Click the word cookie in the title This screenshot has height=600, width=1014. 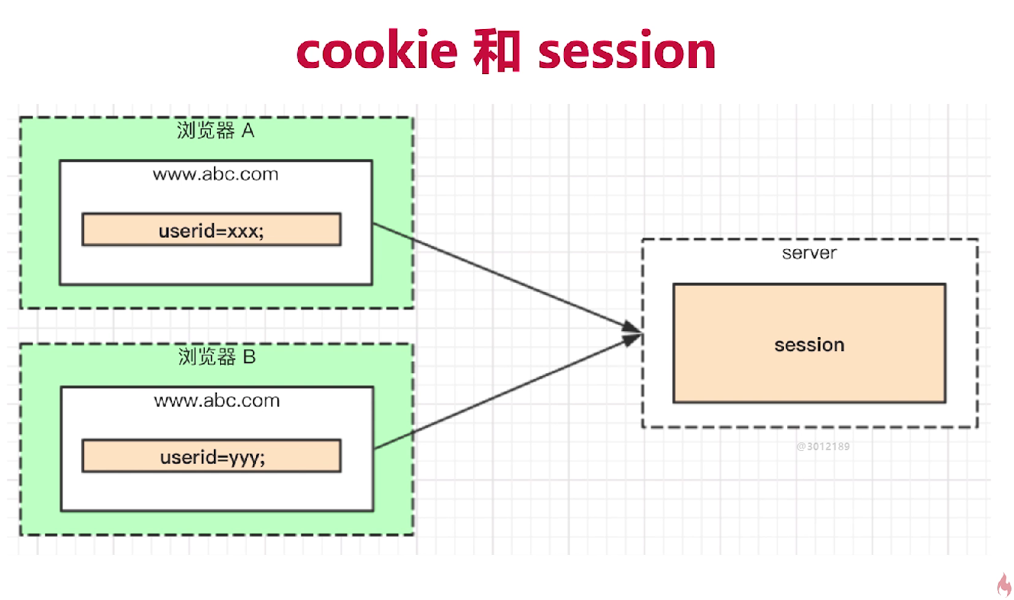pyautogui.click(x=377, y=52)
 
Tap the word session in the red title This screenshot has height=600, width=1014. pyautogui.click(x=627, y=52)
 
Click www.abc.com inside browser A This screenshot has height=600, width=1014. pyautogui.click(x=215, y=174)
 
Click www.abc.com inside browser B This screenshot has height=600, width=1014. pyautogui.click(x=217, y=401)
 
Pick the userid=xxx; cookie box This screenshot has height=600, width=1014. pyautogui.click(x=211, y=230)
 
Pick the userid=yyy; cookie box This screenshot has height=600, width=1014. pyautogui.click(x=211, y=456)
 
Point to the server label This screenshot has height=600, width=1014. pyautogui.click(x=809, y=253)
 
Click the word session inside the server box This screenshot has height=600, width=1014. pyautogui.click(x=809, y=345)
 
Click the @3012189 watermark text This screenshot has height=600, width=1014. pyautogui.click(x=823, y=446)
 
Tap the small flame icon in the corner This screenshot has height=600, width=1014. pyautogui.click(x=1004, y=585)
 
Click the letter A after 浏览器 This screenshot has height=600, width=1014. pyautogui.click(x=248, y=131)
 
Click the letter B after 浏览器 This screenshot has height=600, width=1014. pyautogui.click(x=249, y=357)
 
